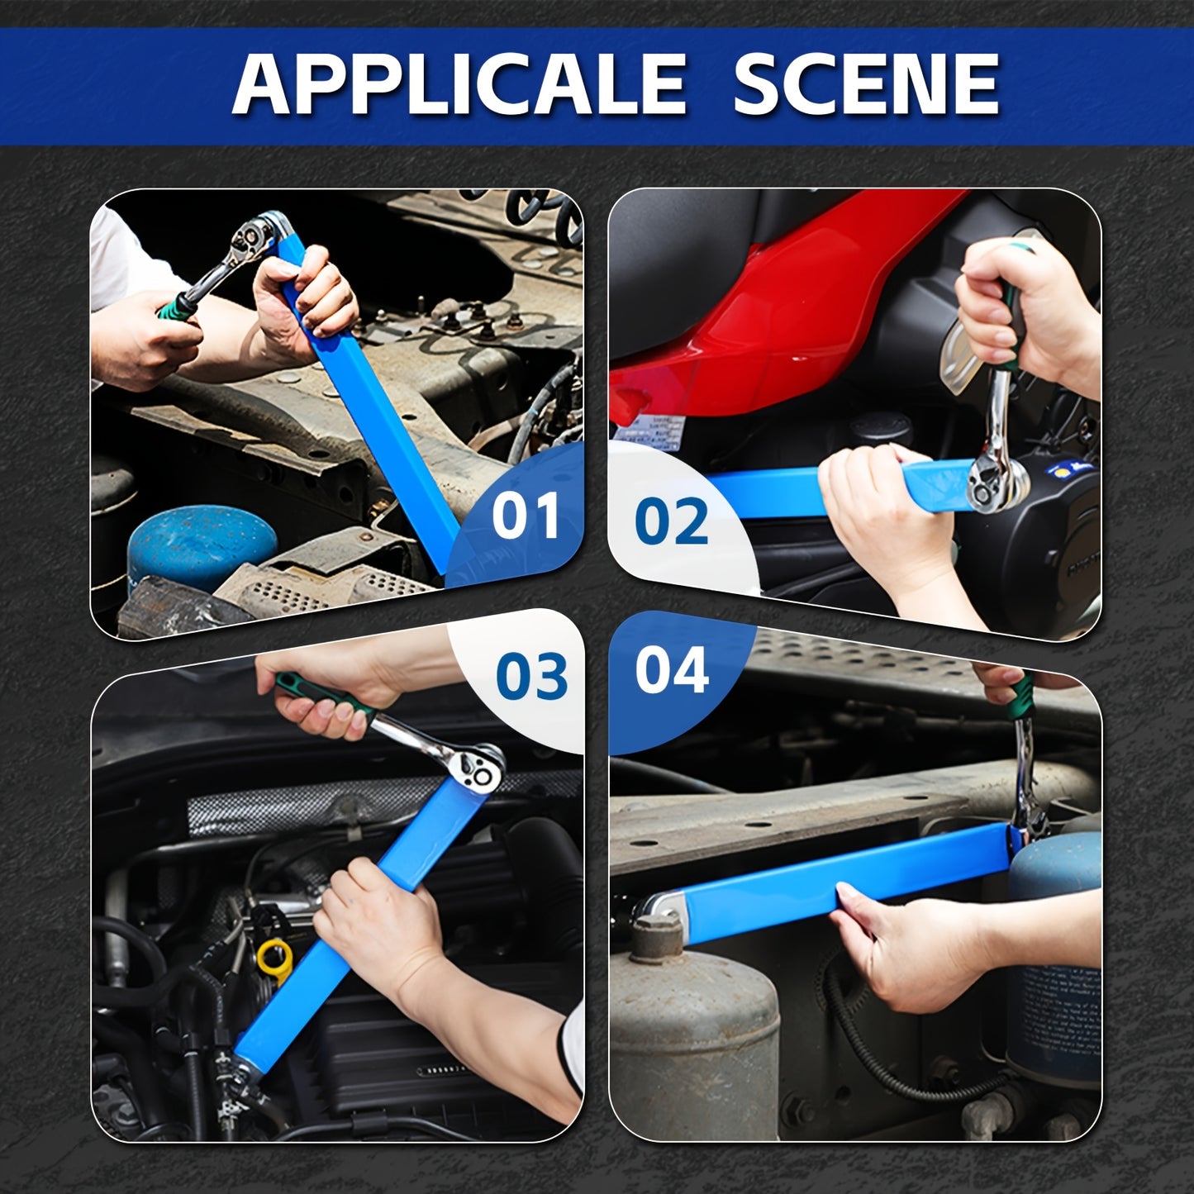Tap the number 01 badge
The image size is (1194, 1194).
tap(526, 516)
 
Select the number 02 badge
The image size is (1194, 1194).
tap(671, 522)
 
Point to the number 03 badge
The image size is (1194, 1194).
tap(531, 676)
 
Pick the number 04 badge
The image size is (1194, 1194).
tap(672, 670)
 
